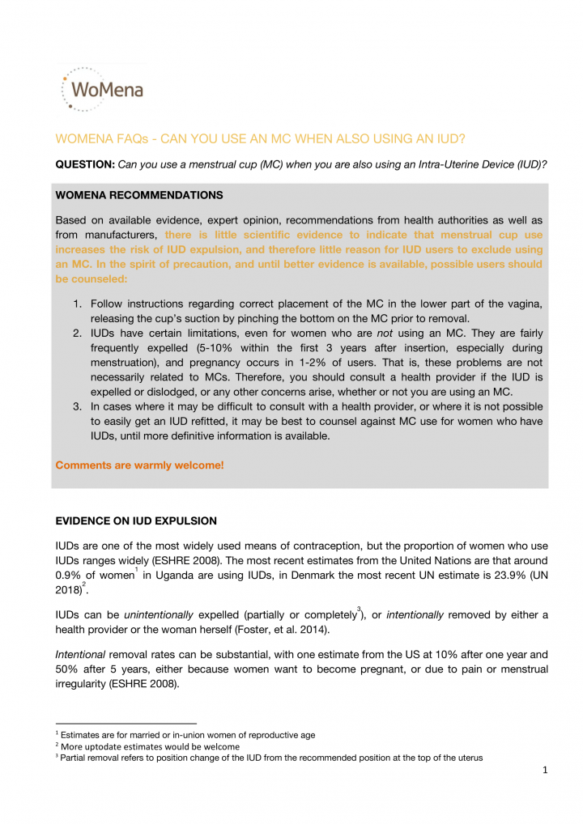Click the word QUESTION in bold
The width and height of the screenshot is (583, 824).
click(x=84, y=164)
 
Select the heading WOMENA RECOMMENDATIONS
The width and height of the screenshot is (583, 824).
click(x=138, y=195)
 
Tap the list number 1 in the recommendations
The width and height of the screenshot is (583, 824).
click(x=78, y=303)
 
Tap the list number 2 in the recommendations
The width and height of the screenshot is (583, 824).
click(x=78, y=333)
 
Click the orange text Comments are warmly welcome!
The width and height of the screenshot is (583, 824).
click(x=139, y=465)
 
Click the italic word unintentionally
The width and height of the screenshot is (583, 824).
click(x=158, y=615)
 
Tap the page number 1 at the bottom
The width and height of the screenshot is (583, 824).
click(x=546, y=770)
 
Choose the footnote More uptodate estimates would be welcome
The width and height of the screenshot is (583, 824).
click(x=149, y=746)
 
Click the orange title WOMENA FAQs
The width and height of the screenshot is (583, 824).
click(x=262, y=138)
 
